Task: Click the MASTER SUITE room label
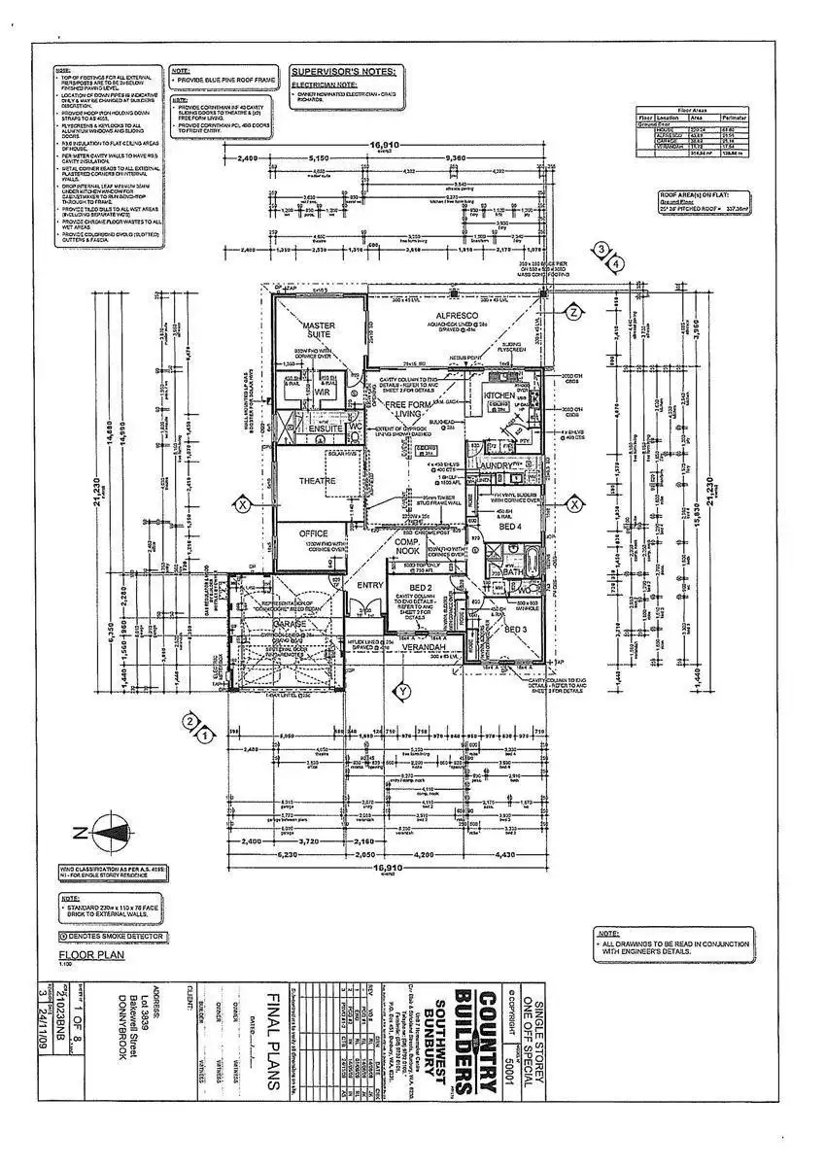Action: point(318,329)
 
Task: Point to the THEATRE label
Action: point(317,481)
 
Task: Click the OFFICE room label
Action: point(313,533)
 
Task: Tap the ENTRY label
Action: point(369,585)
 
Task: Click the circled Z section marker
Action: point(573,312)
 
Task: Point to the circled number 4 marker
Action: point(614,263)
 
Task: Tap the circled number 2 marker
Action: point(191,721)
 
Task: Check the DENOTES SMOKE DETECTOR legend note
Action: point(113,937)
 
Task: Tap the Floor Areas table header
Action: point(691,111)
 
